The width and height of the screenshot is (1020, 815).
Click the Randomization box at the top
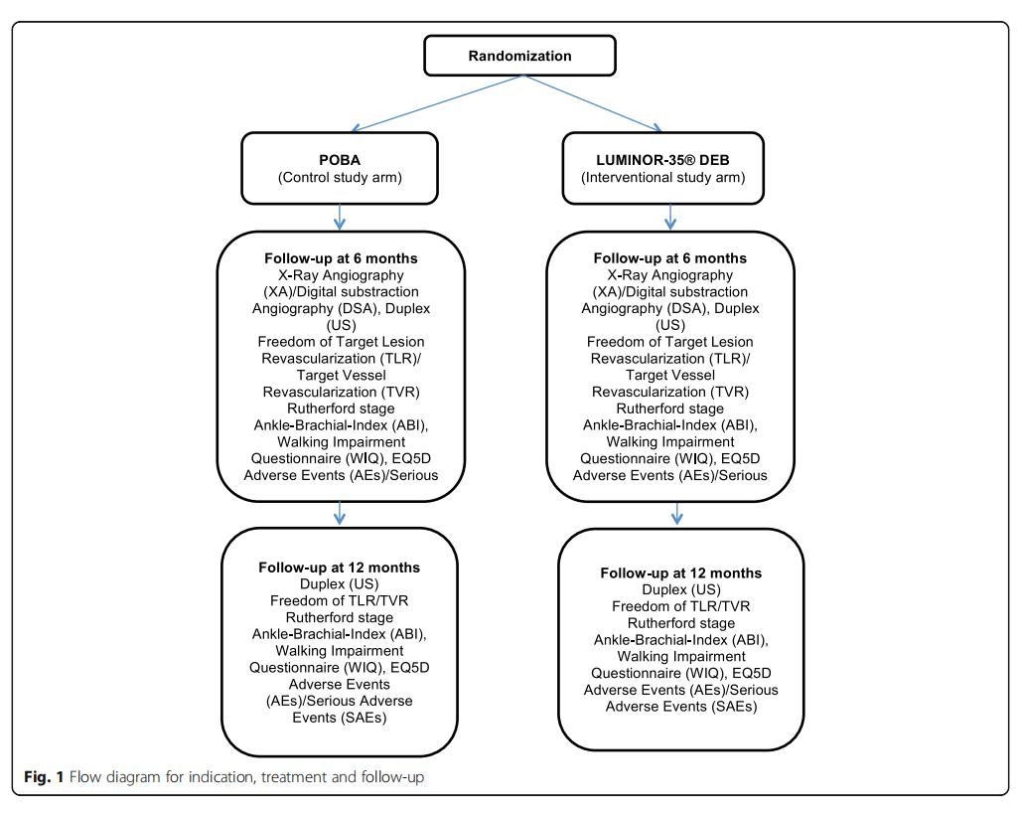pos(519,56)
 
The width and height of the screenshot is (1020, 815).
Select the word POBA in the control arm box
pos(340,159)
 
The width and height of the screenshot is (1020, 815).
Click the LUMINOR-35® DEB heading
pos(670,159)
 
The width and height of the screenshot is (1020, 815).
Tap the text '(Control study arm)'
pos(340,178)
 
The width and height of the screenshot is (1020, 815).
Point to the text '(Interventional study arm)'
pos(670,178)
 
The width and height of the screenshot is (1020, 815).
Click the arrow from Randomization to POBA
pos(436,103)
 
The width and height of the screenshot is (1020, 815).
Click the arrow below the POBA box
pos(340,215)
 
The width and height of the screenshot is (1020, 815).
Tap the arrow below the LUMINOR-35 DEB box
pos(670,215)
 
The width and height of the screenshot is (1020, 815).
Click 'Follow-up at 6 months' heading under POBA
pos(340,258)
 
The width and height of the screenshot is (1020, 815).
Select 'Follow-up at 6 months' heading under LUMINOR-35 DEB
pos(670,258)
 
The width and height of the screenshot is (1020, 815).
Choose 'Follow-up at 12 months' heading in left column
pos(340,568)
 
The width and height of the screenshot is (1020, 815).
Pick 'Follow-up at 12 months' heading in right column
pos(680,573)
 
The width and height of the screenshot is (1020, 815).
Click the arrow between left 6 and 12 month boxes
pos(340,511)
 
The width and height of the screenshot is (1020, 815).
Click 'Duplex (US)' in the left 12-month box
pos(340,584)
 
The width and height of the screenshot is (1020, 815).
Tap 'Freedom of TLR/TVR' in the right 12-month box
pos(680,606)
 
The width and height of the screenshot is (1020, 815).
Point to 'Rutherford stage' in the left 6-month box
pos(340,408)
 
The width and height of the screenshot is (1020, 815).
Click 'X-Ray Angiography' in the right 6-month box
pos(670,275)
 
